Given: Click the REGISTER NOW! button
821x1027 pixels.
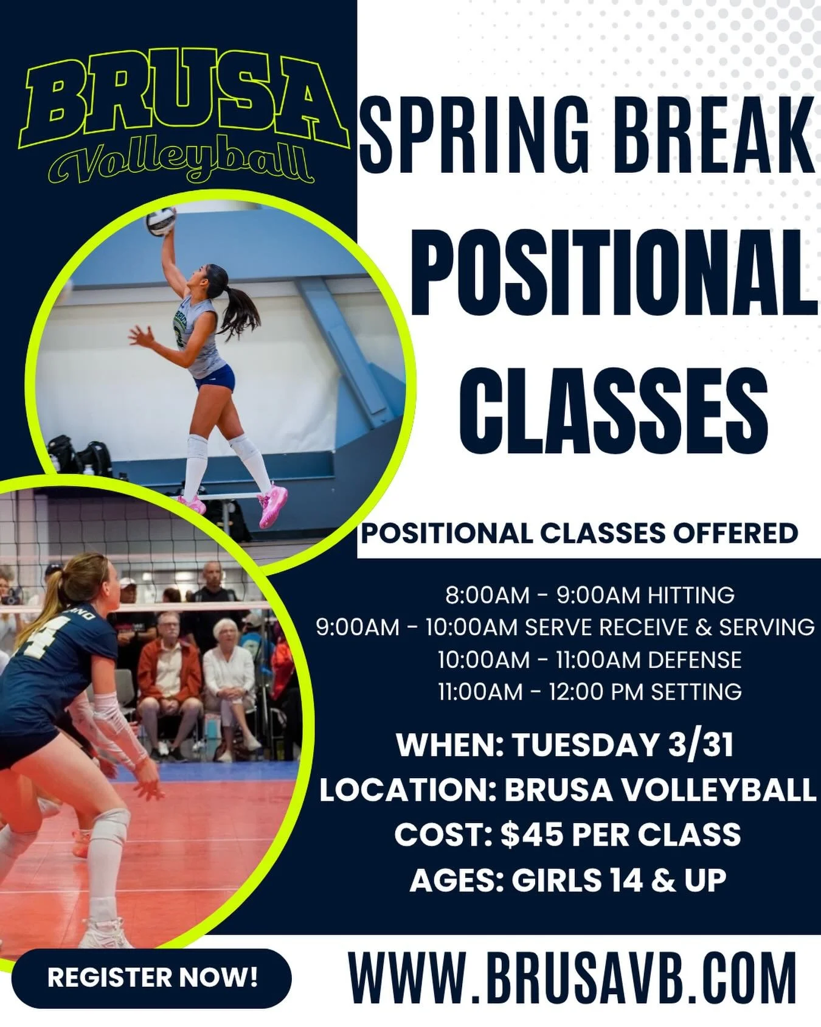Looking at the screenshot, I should coord(152,978).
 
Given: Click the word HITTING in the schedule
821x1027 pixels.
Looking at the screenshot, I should coord(691,595).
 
